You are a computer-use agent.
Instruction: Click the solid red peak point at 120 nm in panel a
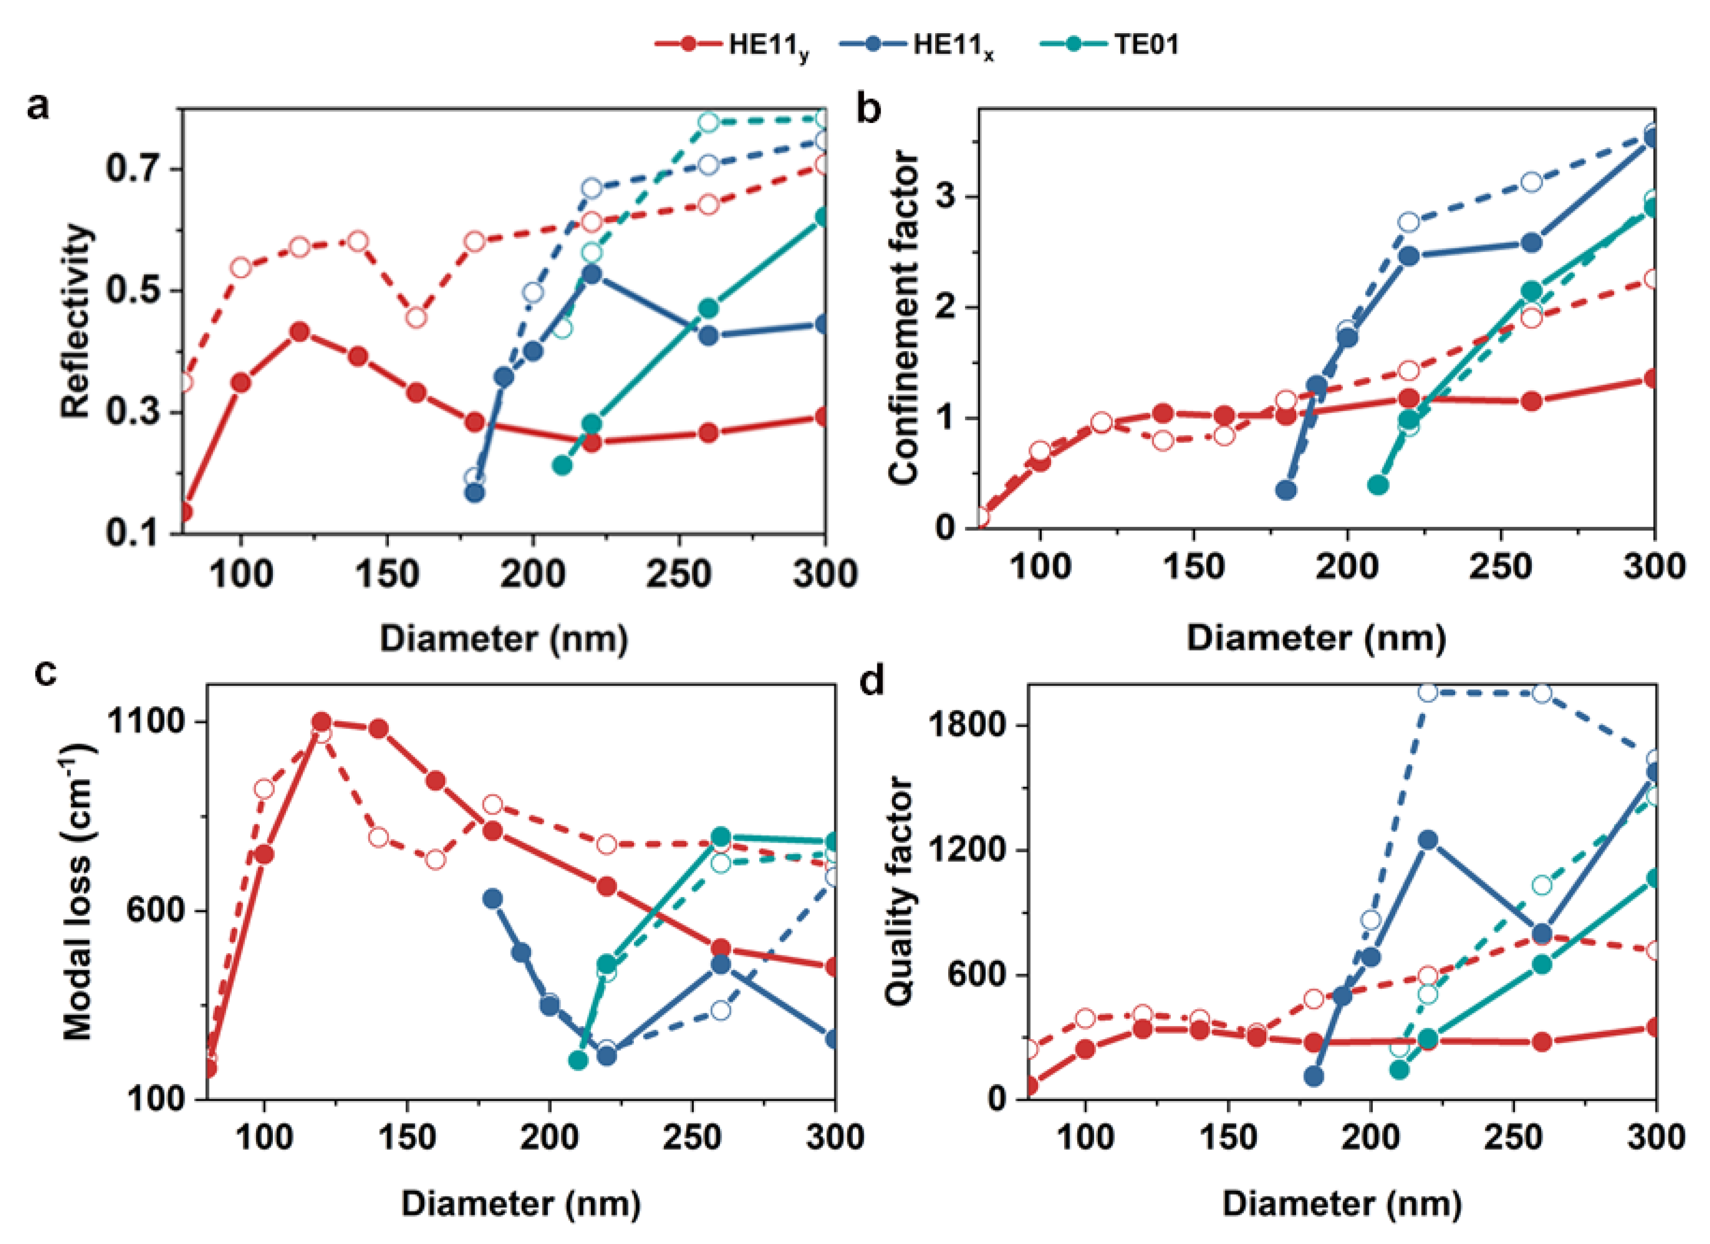tap(300, 332)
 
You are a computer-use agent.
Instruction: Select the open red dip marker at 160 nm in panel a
tap(416, 318)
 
